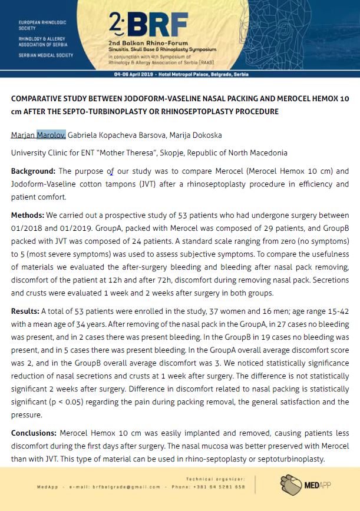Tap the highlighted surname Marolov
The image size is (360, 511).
pyautogui.click(x=51, y=135)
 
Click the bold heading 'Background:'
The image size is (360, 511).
pyautogui.click(x=34, y=171)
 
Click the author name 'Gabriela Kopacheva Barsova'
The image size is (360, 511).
pyautogui.click(x=115, y=135)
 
